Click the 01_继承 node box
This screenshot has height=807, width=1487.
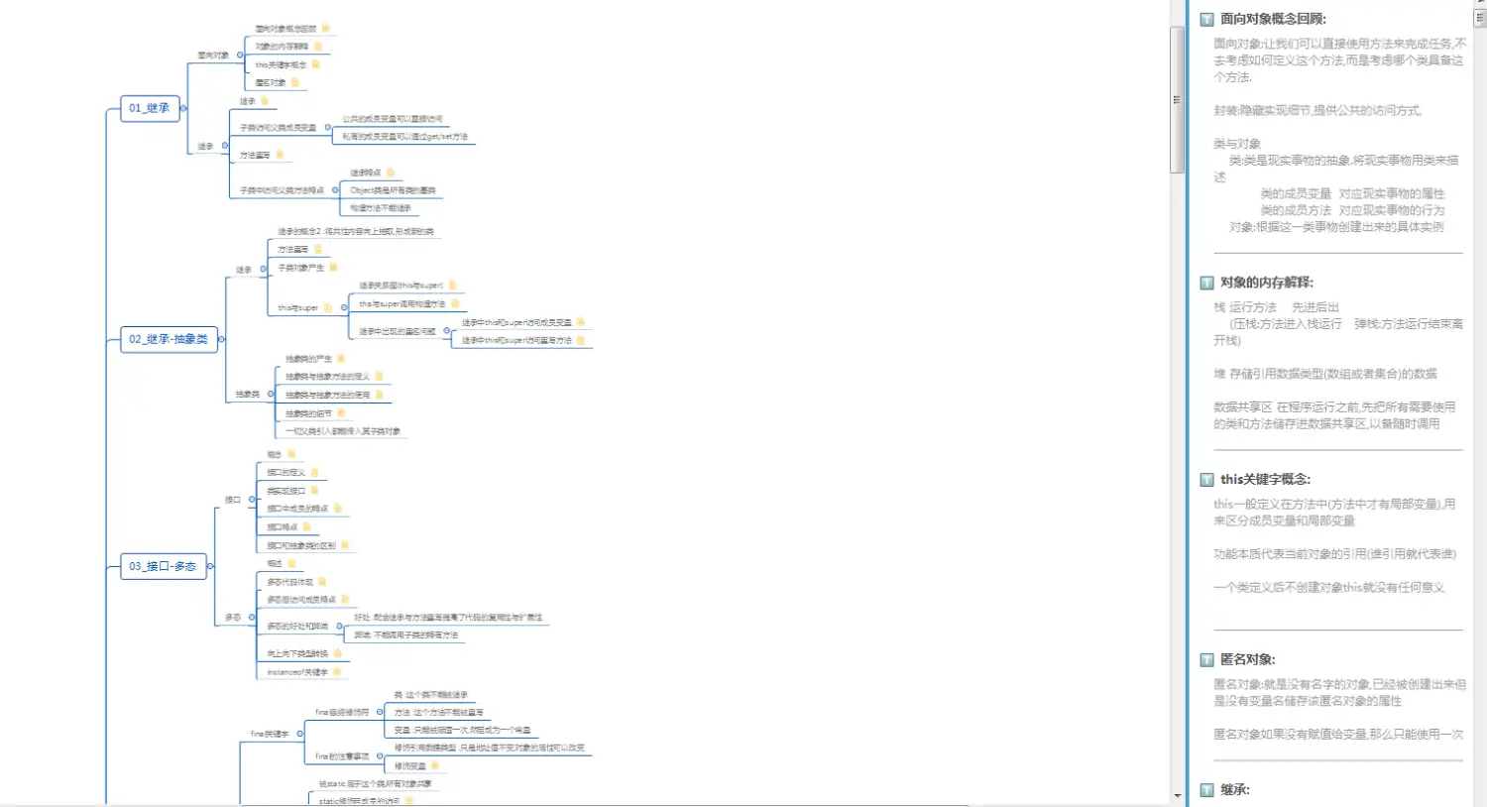click(150, 108)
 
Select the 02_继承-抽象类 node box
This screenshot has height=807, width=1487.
click(169, 339)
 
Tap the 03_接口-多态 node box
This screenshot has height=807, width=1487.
click(163, 566)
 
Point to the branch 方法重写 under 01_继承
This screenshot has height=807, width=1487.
click(255, 156)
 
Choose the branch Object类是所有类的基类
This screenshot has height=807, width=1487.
click(393, 190)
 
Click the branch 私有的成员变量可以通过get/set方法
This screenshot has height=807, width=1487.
click(404, 137)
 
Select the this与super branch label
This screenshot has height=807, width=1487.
click(297, 308)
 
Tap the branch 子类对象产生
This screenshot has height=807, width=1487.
click(300, 268)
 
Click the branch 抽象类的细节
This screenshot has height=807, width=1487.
click(308, 413)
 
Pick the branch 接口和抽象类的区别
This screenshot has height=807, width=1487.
click(301, 546)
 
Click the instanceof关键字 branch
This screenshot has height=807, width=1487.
click(297, 672)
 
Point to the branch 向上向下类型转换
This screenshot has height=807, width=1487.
click(297, 654)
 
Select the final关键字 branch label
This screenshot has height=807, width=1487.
click(270, 734)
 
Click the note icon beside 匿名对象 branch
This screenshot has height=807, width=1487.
click(294, 82)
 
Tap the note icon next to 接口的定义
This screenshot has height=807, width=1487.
click(314, 473)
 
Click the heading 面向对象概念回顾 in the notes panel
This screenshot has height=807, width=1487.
click(1272, 19)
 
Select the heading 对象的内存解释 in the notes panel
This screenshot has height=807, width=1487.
click(1266, 283)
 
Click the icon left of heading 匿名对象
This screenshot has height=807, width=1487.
click(1206, 660)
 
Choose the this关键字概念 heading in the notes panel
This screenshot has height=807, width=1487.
click(1265, 479)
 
